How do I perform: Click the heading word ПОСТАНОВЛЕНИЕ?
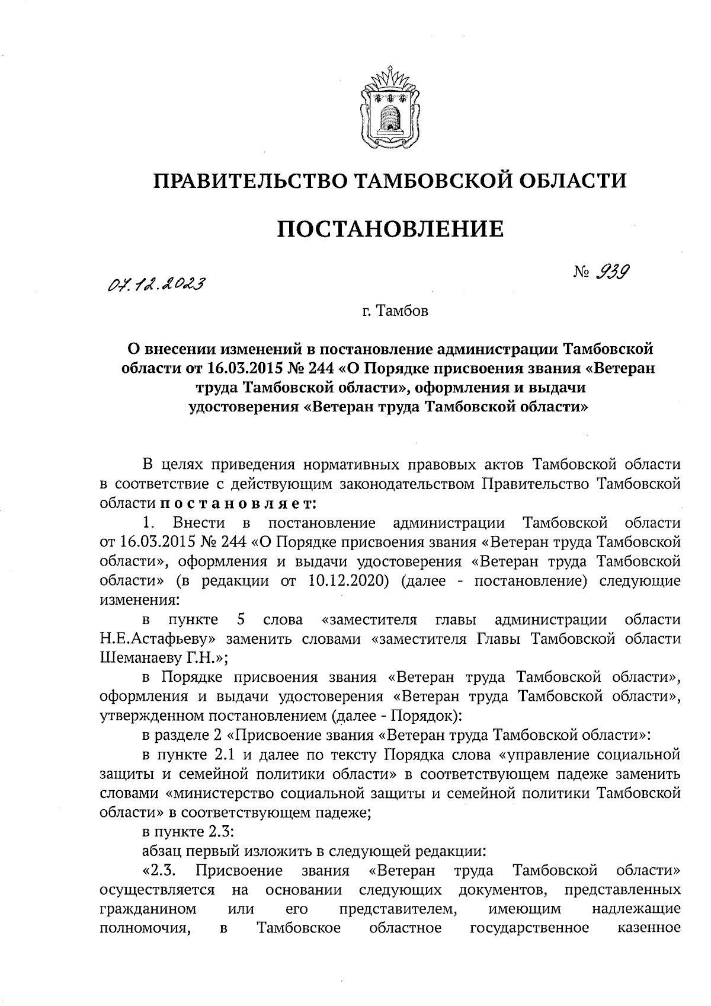[390, 228]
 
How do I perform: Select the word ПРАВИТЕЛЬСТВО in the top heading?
[248, 180]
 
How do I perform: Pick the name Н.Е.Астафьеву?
[153, 638]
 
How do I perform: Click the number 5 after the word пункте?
[241, 619]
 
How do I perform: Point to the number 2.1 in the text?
[223, 755]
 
